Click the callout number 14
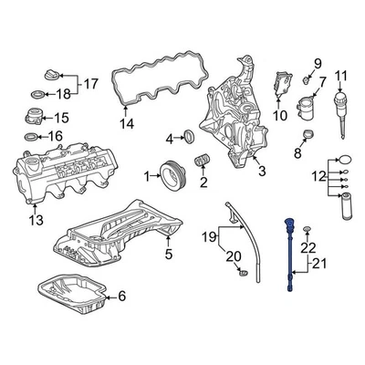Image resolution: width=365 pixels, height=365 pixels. pos(127,123)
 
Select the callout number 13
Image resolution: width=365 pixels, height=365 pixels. pos(35,219)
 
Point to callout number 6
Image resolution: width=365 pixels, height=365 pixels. pos(122,296)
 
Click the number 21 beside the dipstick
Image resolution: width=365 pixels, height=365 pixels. pos(319,265)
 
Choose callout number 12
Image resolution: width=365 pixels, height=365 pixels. pos(319,174)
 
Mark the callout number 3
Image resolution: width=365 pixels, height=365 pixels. pos(261,170)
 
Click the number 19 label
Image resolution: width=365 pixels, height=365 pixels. pos(209,238)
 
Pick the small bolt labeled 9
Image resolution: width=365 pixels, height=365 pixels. pos(308,79)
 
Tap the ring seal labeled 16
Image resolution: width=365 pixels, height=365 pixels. pos(28,138)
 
